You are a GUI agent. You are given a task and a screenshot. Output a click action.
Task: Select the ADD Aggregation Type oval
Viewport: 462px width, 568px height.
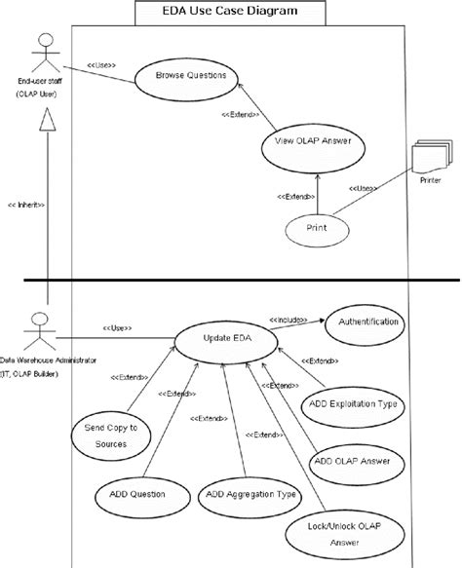pyautogui.click(x=250, y=497)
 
